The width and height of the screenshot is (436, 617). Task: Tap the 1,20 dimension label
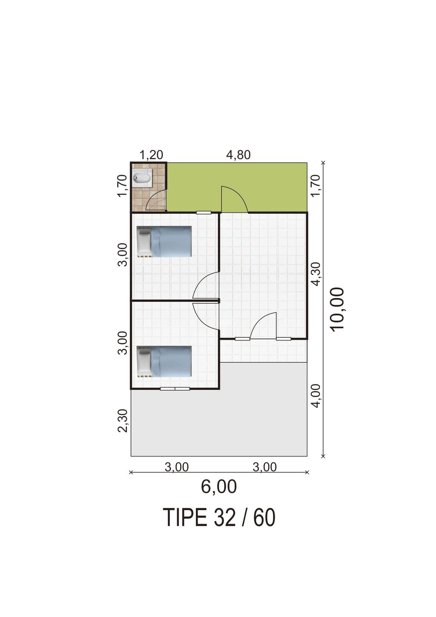(152, 155)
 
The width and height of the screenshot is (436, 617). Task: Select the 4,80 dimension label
(238, 155)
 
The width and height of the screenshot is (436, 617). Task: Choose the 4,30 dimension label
(317, 274)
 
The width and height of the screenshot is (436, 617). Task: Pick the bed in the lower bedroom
(164, 362)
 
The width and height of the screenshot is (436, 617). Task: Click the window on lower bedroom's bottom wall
(175, 389)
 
